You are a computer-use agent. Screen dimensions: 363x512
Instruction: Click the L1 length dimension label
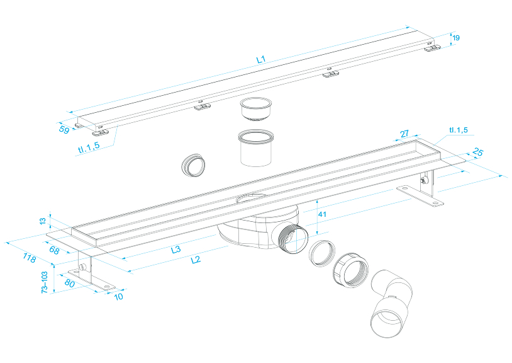261,59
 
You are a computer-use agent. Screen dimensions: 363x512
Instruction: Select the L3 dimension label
176,250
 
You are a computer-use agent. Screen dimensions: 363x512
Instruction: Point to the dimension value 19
456,38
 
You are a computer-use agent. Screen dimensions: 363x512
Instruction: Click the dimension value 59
64,130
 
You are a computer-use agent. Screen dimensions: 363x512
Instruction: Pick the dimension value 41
323,214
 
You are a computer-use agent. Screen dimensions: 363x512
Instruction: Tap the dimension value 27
404,134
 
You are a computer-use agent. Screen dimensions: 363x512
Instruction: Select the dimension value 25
477,152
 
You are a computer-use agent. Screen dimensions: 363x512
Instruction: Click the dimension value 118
28,258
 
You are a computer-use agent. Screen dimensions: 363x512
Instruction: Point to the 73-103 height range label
44,281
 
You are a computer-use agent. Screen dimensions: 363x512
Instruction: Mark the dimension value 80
70,283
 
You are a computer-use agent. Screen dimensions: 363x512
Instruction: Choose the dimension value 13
43,221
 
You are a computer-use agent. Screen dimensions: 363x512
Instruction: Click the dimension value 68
55,251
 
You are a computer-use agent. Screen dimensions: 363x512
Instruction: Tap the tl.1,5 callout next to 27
458,130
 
